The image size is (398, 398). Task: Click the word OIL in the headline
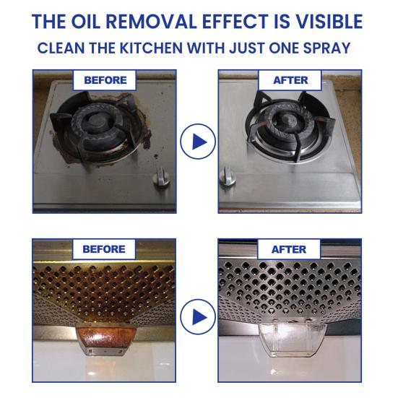pyautogui.click(x=85, y=22)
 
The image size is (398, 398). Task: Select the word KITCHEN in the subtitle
pyautogui.click(x=151, y=48)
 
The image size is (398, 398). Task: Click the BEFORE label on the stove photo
pyautogui.click(x=105, y=80)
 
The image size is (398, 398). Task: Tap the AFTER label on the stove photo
pyautogui.click(x=290, y=80)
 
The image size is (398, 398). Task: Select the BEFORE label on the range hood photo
pyautogui.click(x=104, y=249)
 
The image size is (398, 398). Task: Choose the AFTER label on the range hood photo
pyautogui.click(x=289, y=249)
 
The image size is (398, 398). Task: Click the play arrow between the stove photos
pyautogui.click(x=198, y=142)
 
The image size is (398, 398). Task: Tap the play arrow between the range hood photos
pyautogui.click(x=198, y=317)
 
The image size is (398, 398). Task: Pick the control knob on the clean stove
pyautogui.click(x=228, y=176)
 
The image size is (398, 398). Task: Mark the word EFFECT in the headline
pyautogui.click(x=235, y=22)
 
